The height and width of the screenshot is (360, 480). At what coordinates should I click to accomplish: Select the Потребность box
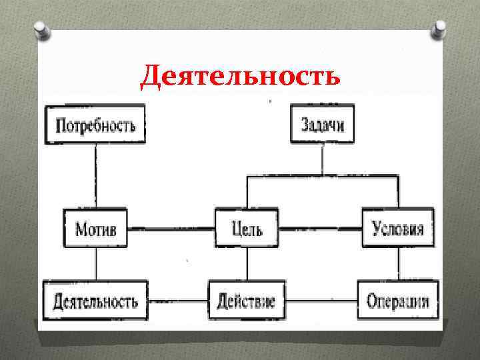(95, 124)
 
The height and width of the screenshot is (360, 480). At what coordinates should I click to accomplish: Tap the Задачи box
(323, 124)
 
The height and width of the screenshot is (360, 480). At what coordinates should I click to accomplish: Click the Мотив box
(96, 229)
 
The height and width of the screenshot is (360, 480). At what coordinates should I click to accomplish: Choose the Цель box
(247, 229)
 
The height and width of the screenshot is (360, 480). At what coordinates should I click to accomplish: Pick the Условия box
(398, 229)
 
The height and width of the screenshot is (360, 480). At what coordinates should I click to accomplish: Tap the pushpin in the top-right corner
(441, 29)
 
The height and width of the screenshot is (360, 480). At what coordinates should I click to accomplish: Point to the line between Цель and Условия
(321, 229)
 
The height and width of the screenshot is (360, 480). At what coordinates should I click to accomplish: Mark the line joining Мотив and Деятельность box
(96, 265)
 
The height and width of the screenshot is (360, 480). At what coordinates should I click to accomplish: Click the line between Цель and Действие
(247, 265)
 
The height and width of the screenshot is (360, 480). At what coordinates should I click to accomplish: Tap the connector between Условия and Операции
(399, 265)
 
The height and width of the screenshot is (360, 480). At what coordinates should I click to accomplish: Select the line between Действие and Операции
(321, 301)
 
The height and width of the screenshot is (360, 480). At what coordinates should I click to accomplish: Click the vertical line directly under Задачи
(323, 159)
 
